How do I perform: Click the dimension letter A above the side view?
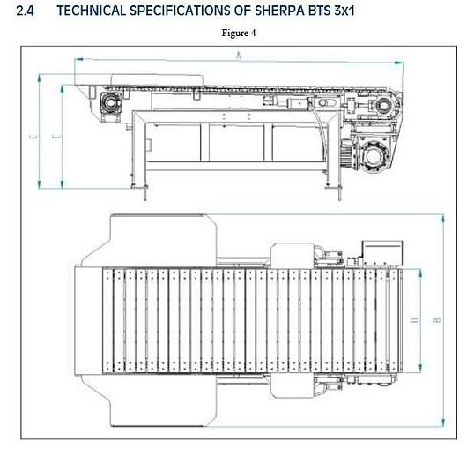(x=240, y=56)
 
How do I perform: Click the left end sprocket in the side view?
(x=112, y=103)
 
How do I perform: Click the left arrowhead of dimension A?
(x=77, y=59)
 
